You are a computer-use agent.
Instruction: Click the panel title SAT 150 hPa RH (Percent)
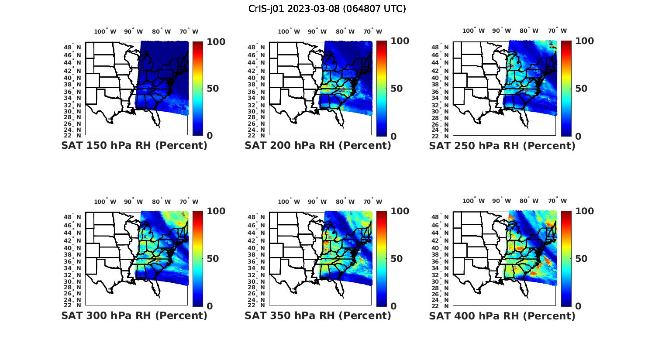point(134,145)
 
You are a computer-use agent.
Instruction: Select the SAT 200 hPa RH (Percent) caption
point(318,145)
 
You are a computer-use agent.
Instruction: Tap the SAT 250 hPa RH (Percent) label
point(502,146)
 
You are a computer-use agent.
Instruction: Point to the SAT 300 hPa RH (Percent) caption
point(134,315)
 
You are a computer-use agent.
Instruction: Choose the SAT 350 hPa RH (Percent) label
point(318,315)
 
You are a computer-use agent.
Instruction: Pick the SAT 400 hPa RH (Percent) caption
point(502,315)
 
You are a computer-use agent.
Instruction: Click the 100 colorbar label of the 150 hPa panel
point(216,41)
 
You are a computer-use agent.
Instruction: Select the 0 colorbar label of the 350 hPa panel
point(393,306)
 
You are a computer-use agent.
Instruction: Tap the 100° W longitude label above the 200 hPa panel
point(289,31)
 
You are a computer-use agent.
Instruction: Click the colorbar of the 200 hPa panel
point(382,89)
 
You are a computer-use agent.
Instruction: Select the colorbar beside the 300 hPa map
point(198,258)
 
